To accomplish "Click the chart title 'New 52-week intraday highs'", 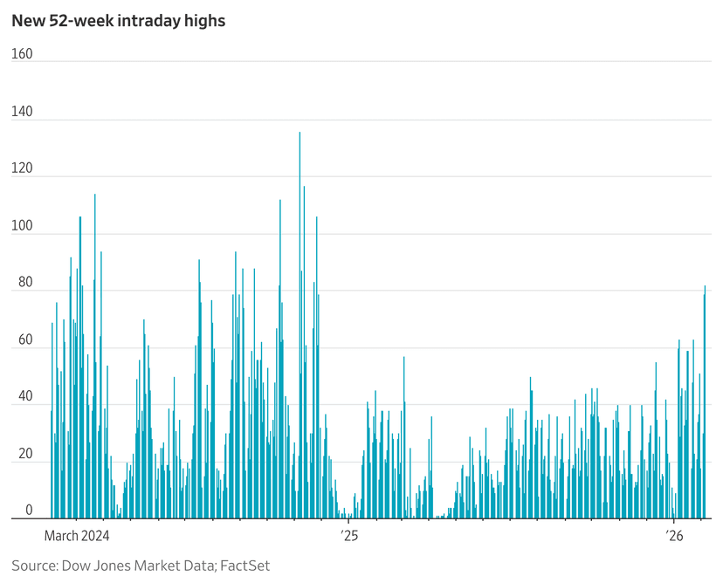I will tap(118, 20).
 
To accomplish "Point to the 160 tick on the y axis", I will tap(22, 54).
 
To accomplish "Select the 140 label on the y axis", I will tap(22, 112).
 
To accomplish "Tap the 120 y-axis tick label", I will tap(22, 169).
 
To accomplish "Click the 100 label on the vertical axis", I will tap(22, 227).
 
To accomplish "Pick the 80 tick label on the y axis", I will tap(24, 284).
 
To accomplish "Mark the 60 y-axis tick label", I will tap(24, 341).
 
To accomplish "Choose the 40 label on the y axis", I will tap(24, 398).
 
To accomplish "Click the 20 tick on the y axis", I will tap(24, 456).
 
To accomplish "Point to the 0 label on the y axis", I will tap(29, 511).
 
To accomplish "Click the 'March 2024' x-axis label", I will tap(76, 534).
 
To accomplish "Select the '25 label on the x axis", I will tap(348, 534).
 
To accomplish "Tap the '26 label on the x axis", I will tap(674, 534).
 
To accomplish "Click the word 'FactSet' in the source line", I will tap(245, 566).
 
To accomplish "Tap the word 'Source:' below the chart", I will tap(34, 566).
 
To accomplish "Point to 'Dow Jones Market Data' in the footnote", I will tap(137, 566).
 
